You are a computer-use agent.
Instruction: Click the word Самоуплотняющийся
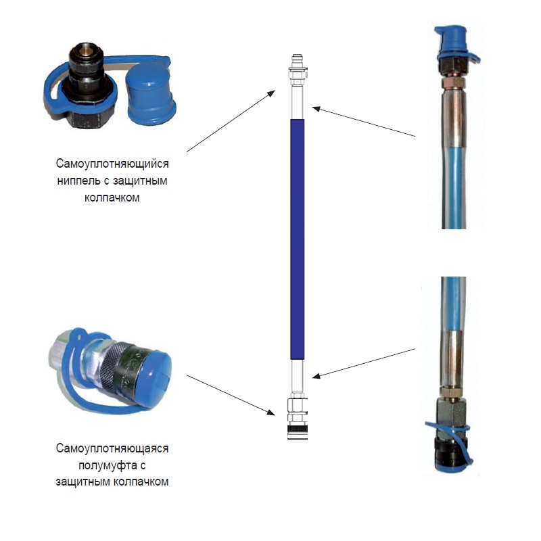112,164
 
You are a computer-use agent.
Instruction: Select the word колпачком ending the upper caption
112,197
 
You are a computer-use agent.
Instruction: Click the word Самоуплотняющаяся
112,448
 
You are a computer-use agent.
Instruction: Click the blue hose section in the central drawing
298,239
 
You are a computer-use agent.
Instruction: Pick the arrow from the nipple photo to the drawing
231,121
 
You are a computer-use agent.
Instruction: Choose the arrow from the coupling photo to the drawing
231,395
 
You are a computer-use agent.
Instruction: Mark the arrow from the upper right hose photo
364,122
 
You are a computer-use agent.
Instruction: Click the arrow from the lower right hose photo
364,363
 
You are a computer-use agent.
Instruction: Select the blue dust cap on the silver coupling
156,374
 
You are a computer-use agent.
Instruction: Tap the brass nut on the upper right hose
453,83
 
